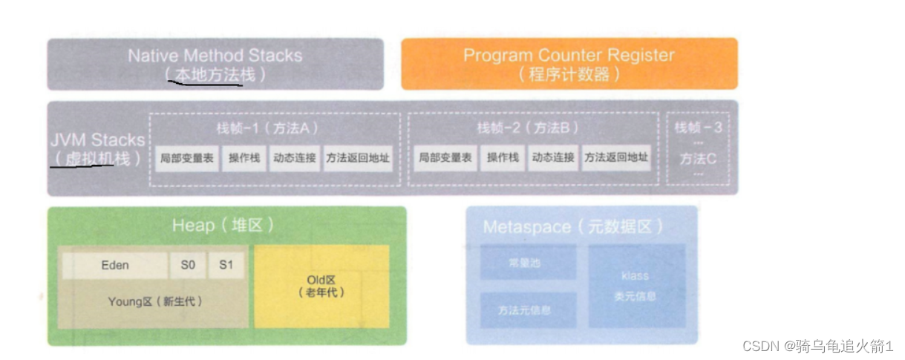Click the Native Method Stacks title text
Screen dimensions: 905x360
pyautogui.click(x=215, y=56)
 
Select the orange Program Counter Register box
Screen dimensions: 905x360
pyautogui.click(x=569, y=64)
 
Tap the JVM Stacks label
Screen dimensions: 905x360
pyautogui.click(x=97, y=140)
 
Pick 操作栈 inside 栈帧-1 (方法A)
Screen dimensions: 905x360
pyautogui.click(x=244, y=158)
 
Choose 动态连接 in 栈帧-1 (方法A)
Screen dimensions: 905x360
pyautogui.click(x=293, y=158)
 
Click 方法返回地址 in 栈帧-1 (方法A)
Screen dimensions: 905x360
pyautogui.click(x=358, y=158)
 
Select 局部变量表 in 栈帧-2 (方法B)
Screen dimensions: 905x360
pyautogui.click(x=445, y=158)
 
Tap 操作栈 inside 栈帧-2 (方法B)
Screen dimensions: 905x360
pyautogui.click(x=503, y=158)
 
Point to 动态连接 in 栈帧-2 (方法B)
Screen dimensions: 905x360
pyautogui.click(x=553, y=158)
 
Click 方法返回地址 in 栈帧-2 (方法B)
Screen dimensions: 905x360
pyautogui.click(x=616, y=158)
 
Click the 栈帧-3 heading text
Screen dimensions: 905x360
pyautogui.click(x=699, y=128)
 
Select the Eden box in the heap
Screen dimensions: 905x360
pyautogui.click(x=115, y=265)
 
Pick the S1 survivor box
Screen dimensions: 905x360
pyautogui.click(x=226, y=265)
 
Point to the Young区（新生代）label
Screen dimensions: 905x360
pyautogui.click(x=154, y=302)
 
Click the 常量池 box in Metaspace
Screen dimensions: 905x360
pyautogui.click(x=527, y=264)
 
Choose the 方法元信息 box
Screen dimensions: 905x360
pyautogui.click(x=527, y=310)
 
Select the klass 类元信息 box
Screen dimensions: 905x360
pyautogui.click(x=636, y=286)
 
